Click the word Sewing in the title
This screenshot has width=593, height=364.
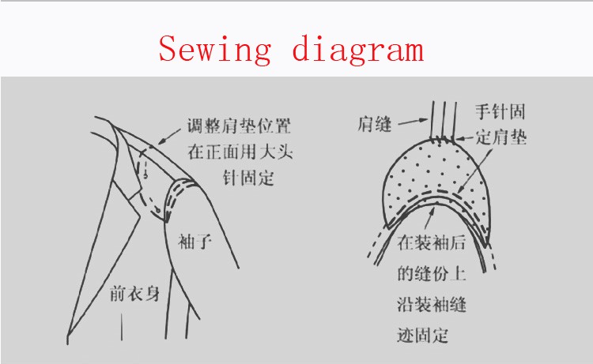(215, 50)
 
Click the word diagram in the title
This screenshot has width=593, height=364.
(357, 50)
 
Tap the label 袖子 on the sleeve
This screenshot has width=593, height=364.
(195, 242)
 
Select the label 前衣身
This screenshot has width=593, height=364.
(134, 294)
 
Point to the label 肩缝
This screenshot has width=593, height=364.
(375, 124)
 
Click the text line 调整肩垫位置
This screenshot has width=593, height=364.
(239, 126)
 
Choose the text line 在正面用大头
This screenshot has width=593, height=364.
(240, 152)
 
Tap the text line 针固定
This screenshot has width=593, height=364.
(248, 178)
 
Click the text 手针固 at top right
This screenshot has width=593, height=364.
(500, 112)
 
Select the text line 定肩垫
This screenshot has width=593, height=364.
(500, 137)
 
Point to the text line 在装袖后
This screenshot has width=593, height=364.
(431, 242)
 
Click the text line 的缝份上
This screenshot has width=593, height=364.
(431, 273)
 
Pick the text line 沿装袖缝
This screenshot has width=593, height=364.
(431, 304)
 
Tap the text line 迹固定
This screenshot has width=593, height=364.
(422, 336)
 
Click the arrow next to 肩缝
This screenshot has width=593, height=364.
(413, 122)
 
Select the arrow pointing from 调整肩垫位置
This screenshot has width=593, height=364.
(169, 137)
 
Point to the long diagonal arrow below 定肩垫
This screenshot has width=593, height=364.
(474, 171)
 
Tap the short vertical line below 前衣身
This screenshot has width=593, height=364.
(122, 327)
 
